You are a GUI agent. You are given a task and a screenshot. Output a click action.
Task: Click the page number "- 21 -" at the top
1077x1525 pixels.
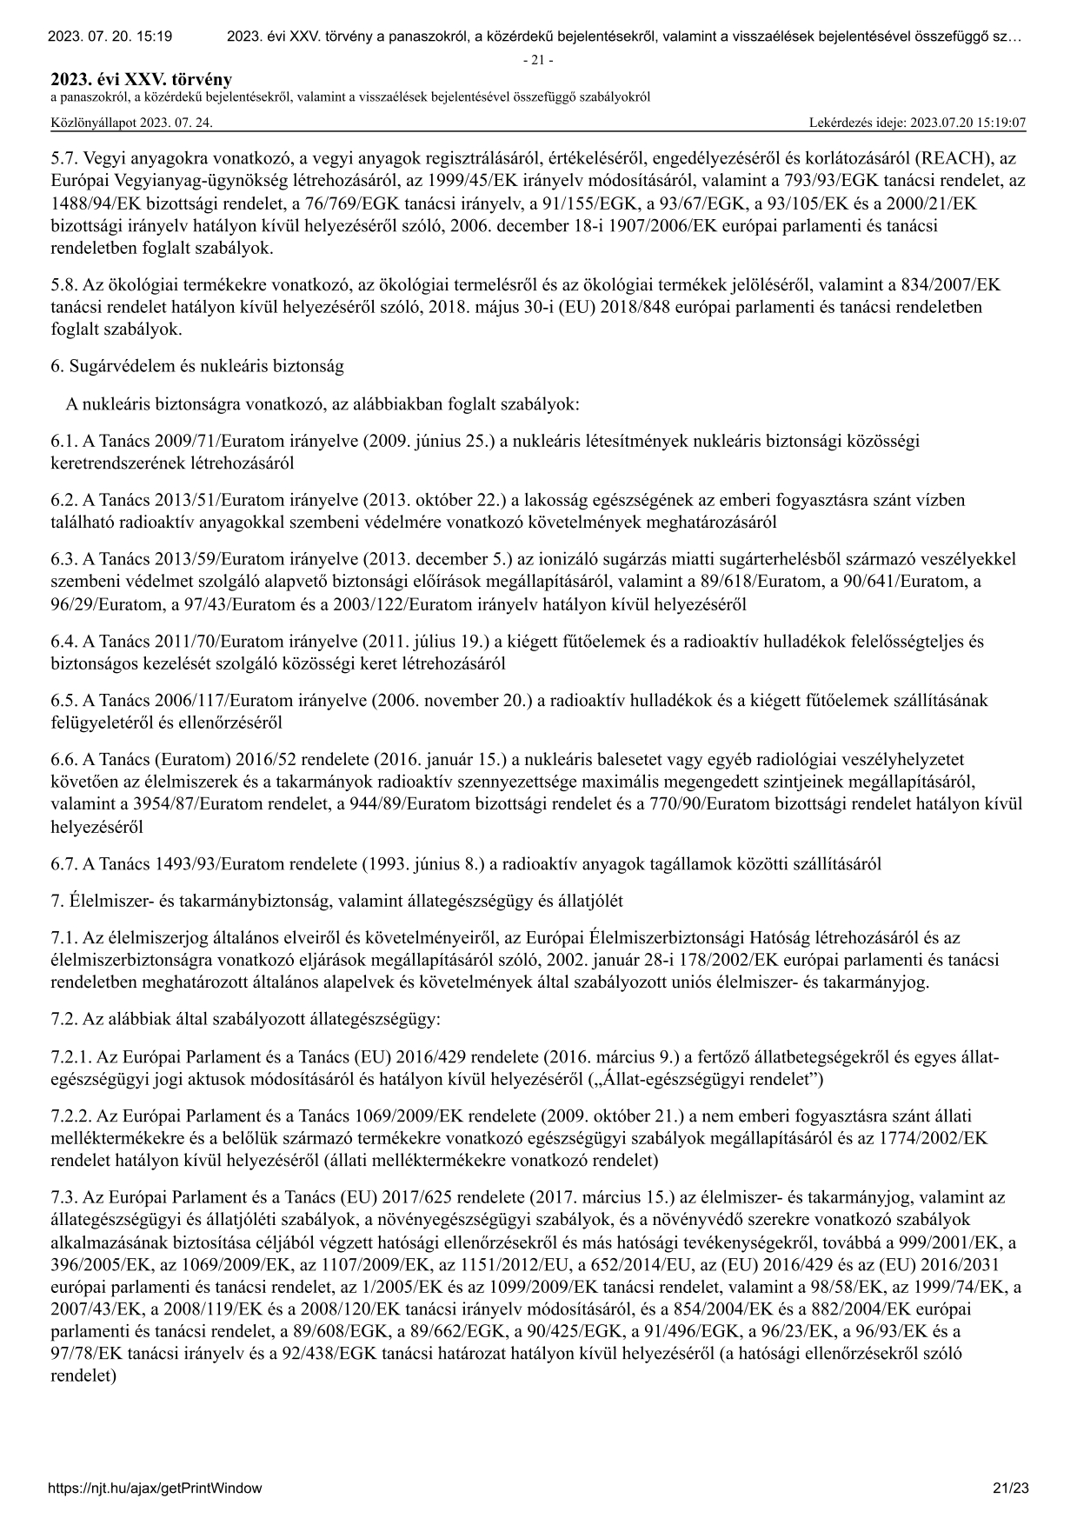[538, 60]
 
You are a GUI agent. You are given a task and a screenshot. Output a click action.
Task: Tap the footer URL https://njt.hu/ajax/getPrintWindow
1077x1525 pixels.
[156, 1488]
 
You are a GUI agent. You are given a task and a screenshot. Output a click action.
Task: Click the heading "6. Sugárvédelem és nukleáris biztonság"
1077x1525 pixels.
[197, 366]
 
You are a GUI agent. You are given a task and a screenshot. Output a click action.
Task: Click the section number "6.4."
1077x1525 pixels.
[64, 643]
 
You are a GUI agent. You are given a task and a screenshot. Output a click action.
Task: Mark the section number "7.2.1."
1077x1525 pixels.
[71, 1058]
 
